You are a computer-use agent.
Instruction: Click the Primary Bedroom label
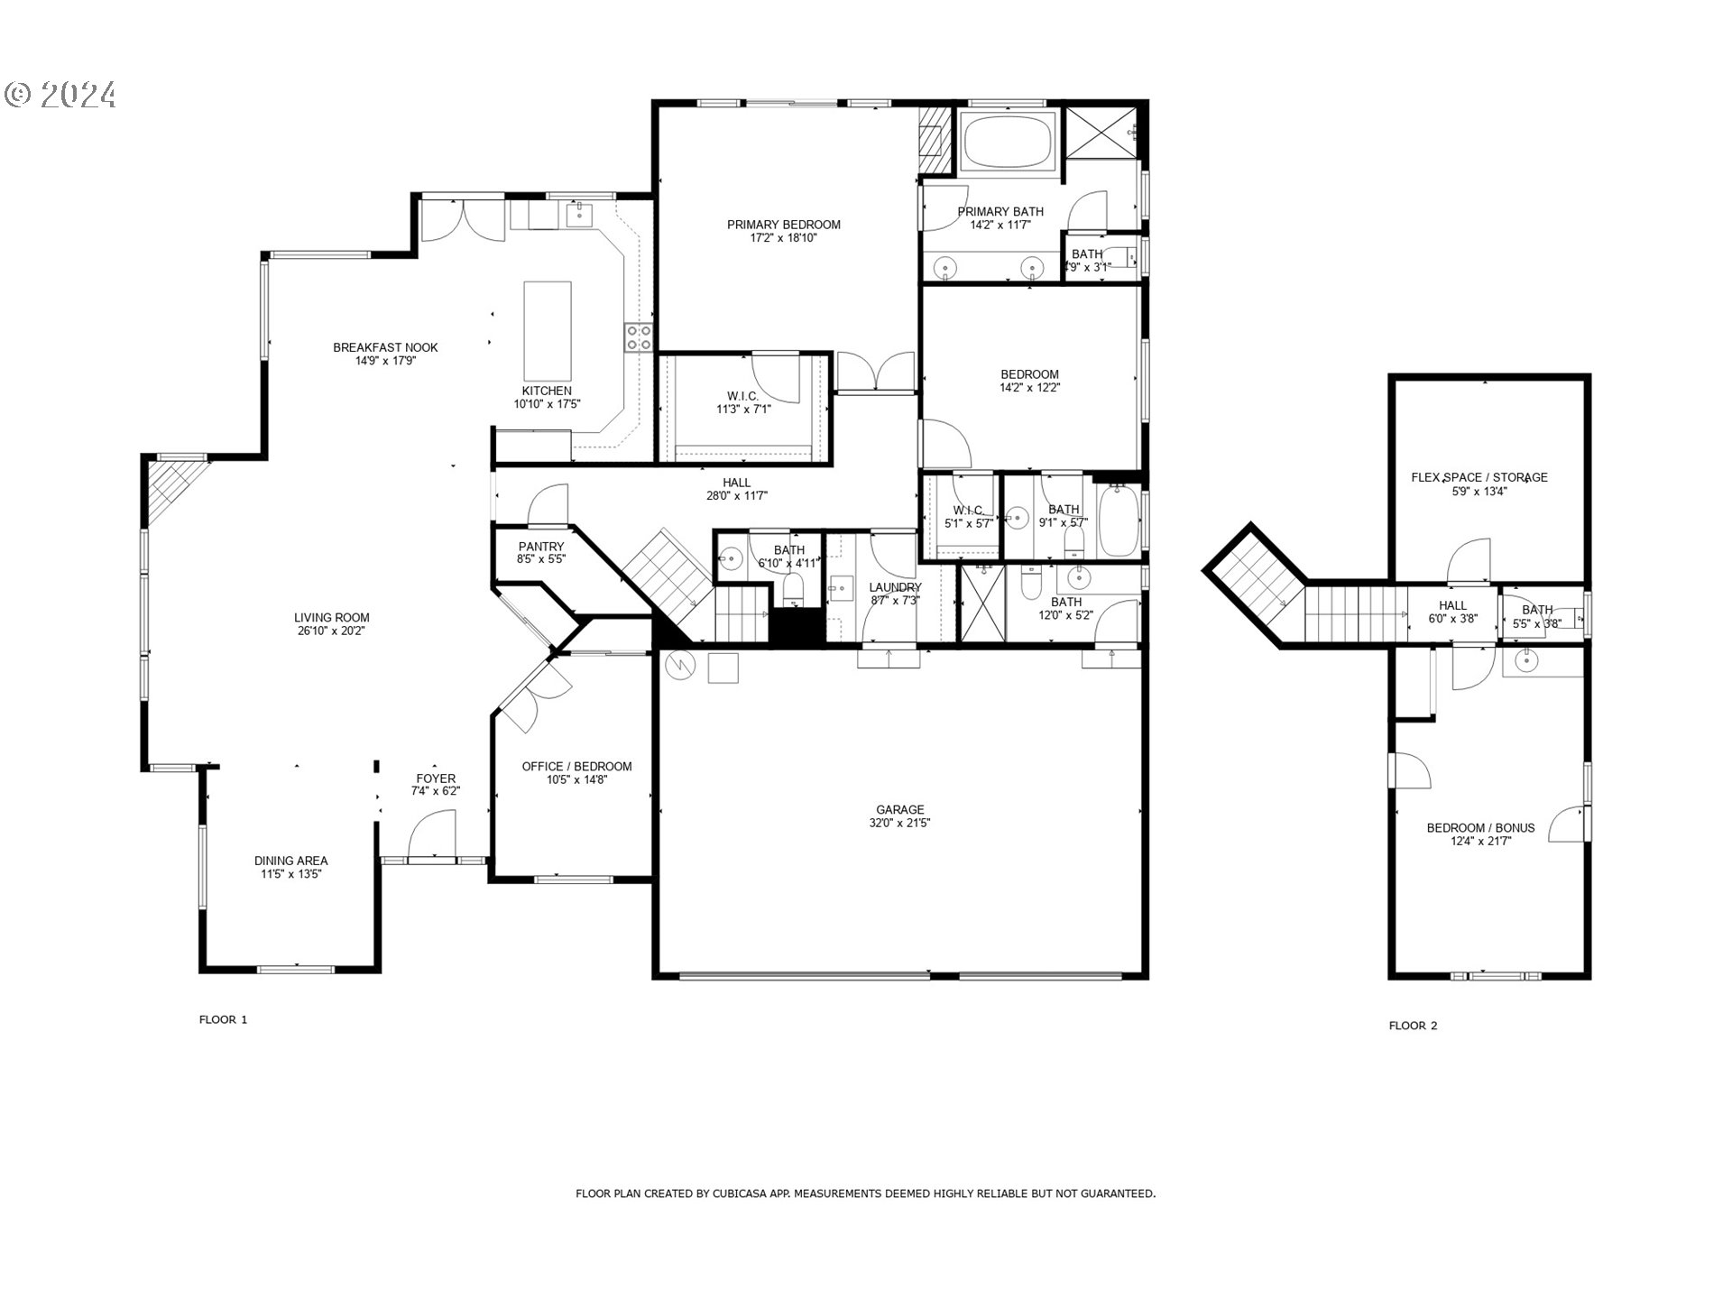(x=783, y=225)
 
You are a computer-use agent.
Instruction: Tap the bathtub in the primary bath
(x=1008, y=143)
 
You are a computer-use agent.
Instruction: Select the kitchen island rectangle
(x=548, y=331)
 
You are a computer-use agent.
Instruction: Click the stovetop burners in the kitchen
(x=639, y=337)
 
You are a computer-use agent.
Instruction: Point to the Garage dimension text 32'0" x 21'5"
(x=899, y=823)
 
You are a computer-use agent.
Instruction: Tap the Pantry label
(x=541, y=547)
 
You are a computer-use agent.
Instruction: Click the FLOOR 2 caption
(x=1413, y=1026)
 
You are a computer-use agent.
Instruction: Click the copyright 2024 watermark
(x=61, y=95)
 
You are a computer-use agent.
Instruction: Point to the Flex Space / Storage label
(x=1479, y=477)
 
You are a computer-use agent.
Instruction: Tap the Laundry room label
(x=895, y=587)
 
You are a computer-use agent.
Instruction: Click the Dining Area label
(x=290, y=861)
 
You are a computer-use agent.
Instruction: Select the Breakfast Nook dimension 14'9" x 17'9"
(x=385, y=361)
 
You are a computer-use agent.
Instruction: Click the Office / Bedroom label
(x=576, y=767)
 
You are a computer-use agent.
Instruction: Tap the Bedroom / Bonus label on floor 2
(x=1479, y=828)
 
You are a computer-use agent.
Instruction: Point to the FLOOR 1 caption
(x=223, y=1019)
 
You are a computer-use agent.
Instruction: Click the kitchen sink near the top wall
(x=577, y=215)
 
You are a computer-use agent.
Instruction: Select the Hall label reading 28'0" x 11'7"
(x=736, y=495)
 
